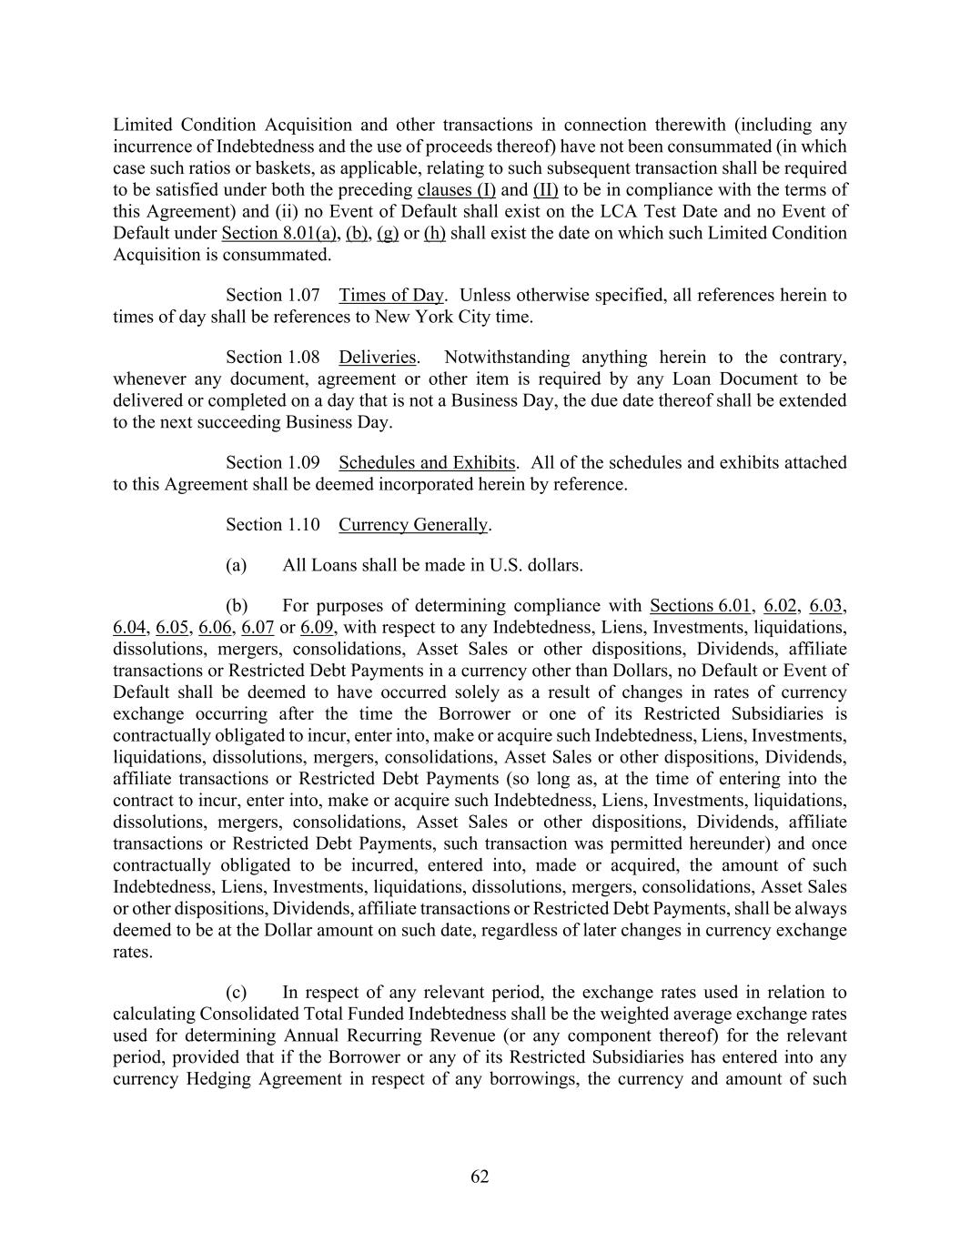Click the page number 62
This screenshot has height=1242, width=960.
480,1176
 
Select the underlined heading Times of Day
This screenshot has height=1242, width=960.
391,295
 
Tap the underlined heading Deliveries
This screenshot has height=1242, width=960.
377,357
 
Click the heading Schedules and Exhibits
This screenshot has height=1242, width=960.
427,462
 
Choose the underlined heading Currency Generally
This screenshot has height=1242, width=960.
413,524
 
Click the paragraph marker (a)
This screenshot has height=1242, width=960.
236,565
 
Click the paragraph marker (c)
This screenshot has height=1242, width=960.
236,992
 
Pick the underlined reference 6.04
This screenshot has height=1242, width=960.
129,627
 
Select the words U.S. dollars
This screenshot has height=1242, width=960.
535,565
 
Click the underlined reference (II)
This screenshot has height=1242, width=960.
545,189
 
